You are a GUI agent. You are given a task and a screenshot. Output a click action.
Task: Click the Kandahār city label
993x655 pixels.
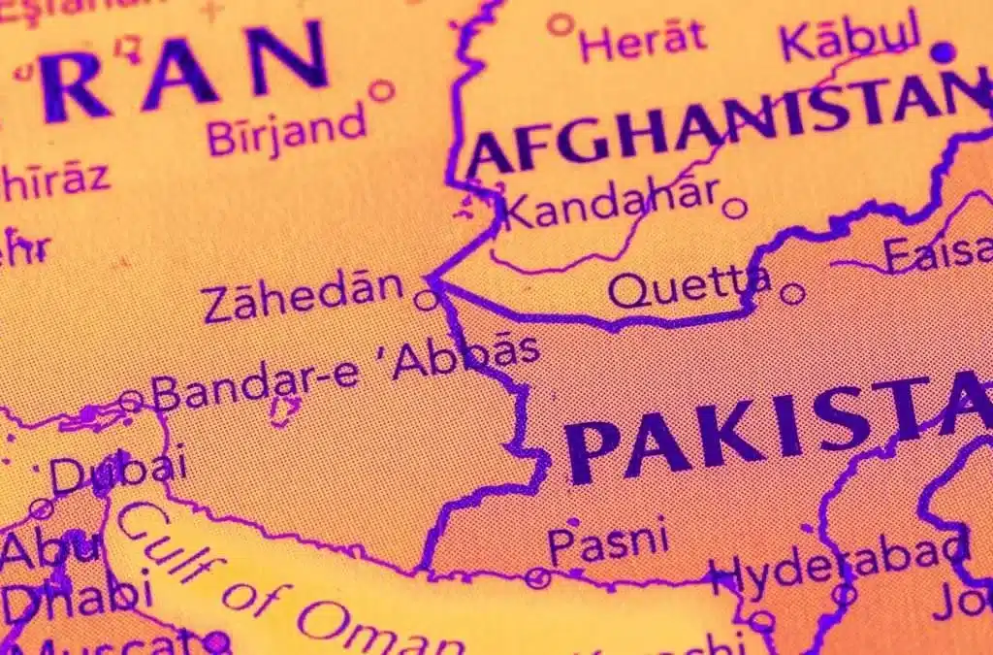pyautogui.click(x=612, y=204)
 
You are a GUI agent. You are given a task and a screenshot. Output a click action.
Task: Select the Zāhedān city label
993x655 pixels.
pyautogui.click(x=303, y=295)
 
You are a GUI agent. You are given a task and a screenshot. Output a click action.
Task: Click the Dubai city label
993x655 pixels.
pyautogui.click(x=118, y=473)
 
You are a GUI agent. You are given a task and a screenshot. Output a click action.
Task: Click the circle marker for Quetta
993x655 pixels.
pyautogui.click(x=793, y=292)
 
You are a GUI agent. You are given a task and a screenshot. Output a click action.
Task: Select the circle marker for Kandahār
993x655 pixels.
pyautogui.click(x=735, y=208)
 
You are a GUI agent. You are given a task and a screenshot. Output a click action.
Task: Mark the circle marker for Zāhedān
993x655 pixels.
pyautogui.click(x=426, y=300)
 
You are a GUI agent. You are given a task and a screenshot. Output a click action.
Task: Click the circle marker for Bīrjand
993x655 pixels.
pyautogui.click(x=382, y=90)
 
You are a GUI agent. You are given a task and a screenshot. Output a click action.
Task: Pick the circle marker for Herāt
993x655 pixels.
pyautogui.click(x=560, y=24)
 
